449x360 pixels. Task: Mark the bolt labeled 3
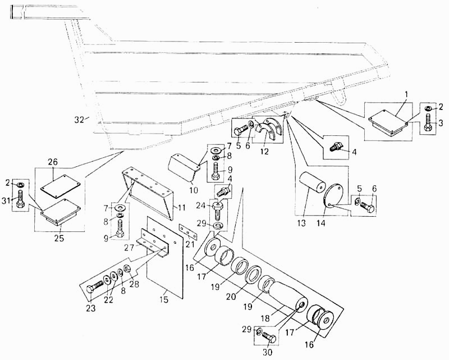[x=428, y=121]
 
